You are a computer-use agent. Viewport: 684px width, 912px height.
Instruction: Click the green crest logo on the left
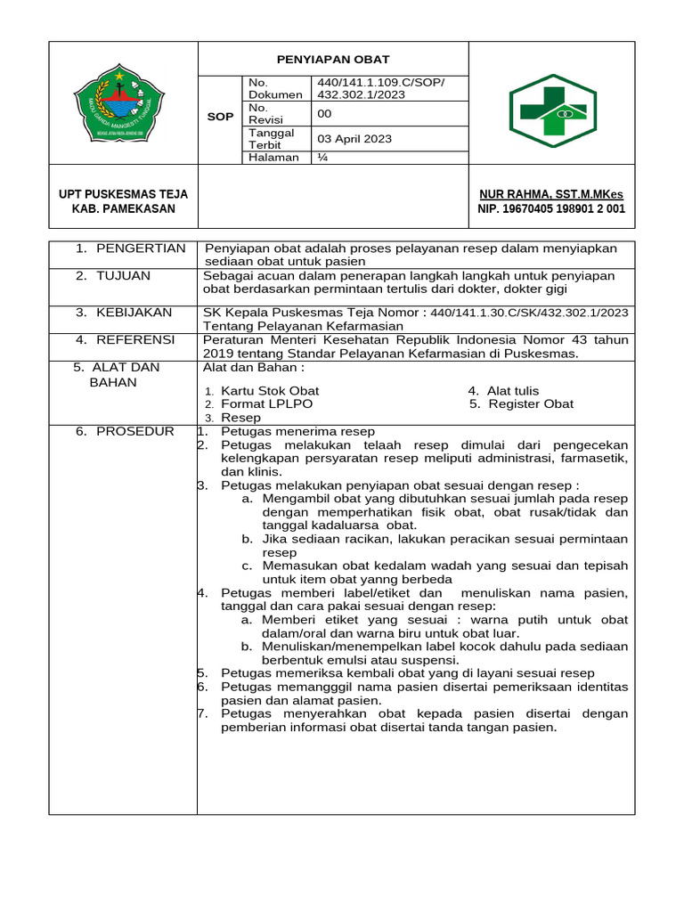pyautogui.click(x=122, y=102)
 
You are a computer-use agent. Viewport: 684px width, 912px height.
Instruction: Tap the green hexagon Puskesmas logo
pyautogui.click(x=552, y=103)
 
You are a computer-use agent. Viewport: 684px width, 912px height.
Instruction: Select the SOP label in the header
pyautogui.click(x=220, y=117)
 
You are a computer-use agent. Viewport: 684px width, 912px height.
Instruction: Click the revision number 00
pyautogui.click(x=324, y=113)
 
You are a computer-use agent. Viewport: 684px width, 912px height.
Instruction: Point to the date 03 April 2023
pyautogui.click(x=354, y=139)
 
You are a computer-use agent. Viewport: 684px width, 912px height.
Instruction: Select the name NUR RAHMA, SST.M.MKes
pyautogui.click(x=551, y=194)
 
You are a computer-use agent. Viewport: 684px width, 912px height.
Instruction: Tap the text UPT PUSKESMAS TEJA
pyautogui.click(x=123, y=194)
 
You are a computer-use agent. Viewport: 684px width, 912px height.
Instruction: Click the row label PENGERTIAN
pyautogui.click(x=140, y=248)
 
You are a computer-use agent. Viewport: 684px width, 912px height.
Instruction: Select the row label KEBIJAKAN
pyautogui.click(x=134, y=312)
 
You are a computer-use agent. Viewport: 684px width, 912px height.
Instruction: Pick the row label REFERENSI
pyautogui.click(x=135, y=339)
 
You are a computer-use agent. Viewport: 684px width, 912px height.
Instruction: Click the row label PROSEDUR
pyautogui.click(x=134, y=431)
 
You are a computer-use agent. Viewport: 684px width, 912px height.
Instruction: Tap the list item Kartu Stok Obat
pyautogui.click(x=269, y=391)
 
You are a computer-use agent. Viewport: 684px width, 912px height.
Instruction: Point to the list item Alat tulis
pyautogui.click(x=512, y=391)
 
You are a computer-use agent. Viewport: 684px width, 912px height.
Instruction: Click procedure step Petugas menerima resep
pyautogui.click(x=297, y=431)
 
